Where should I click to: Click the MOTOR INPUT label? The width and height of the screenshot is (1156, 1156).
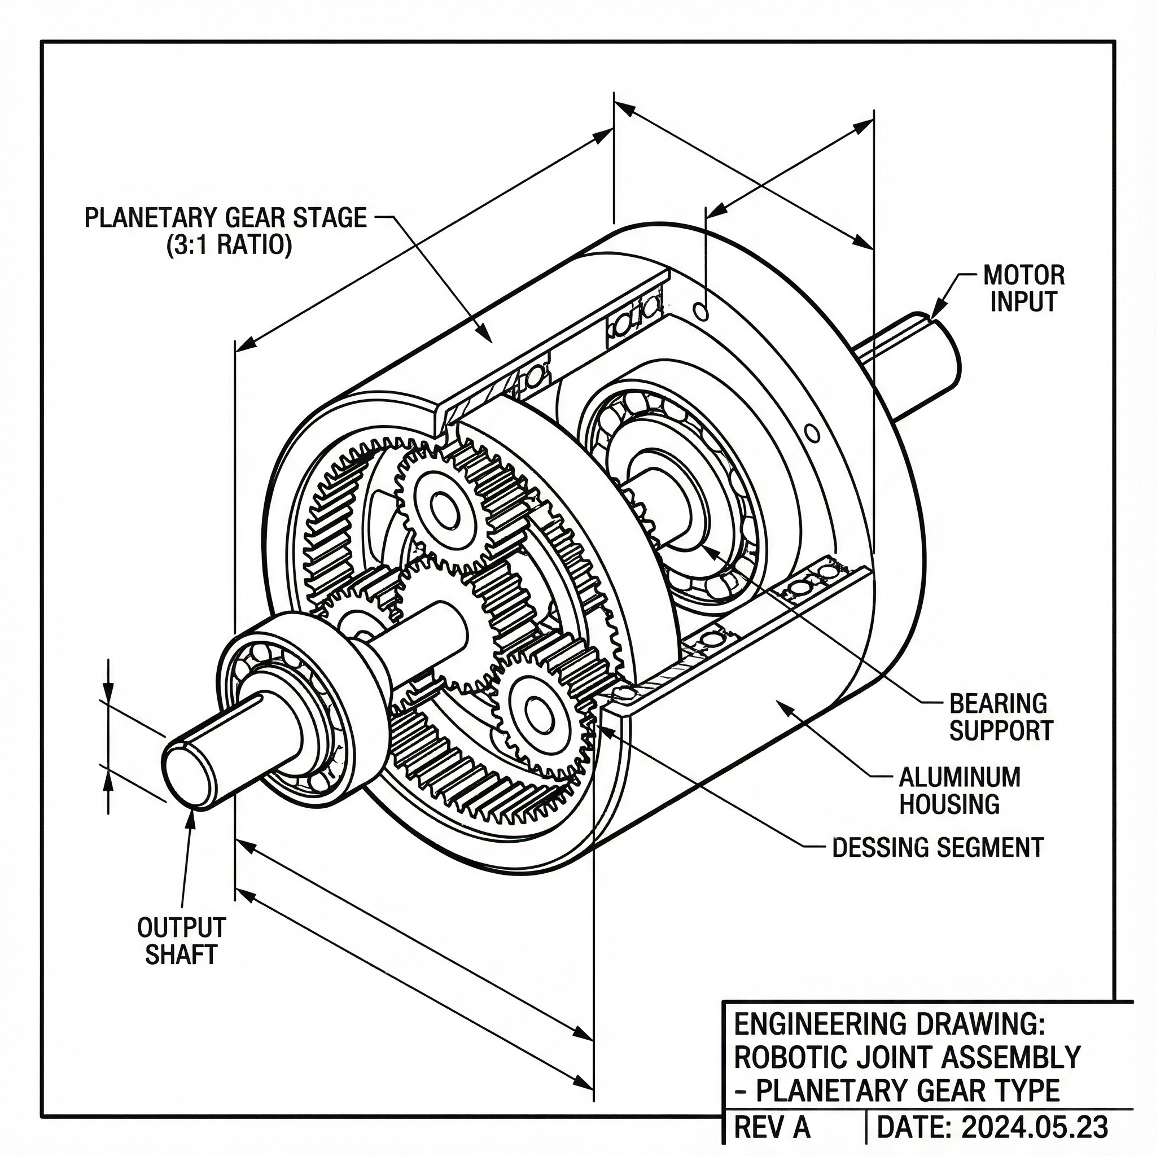pyautogui.click(x=1023, y=288)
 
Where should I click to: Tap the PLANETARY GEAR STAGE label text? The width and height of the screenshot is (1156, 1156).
pyautogui.click(x=225, y=217)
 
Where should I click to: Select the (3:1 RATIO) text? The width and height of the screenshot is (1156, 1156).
pyautogui.click(x=229, y=246)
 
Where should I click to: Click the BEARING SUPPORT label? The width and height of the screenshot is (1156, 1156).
pyautogui.click(x=1000, y=717)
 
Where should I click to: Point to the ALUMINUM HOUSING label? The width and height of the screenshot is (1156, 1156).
pyautogui.click(x=959, y=790)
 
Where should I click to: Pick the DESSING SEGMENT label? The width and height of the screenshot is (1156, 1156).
pyautogui.click(x=938, y=847)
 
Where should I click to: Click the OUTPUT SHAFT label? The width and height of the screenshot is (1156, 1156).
pyautogui.click(x=181, y=940)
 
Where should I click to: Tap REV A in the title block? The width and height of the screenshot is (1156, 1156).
pyautogui.click(x=772, y=1127)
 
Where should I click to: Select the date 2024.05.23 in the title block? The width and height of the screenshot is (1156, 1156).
pyautogui.click(x=1035, y=1127)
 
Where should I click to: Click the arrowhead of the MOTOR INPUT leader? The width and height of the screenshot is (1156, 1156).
pyautogui.click(x=934, y=316)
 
